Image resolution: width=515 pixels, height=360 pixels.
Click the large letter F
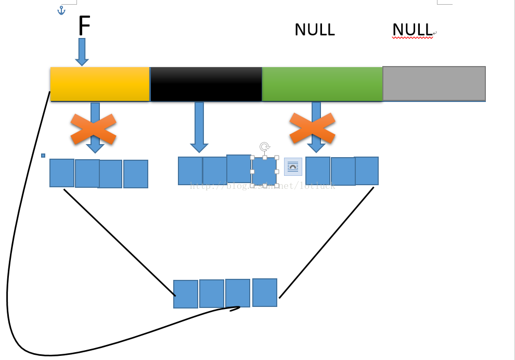(x=84, y=26)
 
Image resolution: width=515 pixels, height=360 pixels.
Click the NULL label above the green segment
(x=314, y=30)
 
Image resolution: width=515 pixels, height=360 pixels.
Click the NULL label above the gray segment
(x=412, y=30)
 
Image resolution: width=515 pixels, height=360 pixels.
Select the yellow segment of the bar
(x=100, y=83)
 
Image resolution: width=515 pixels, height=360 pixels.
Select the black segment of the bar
(x=206, y=83)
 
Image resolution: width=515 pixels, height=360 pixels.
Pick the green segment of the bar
(x=322, y=83)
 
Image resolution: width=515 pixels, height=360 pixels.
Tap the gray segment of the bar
(x=434, y=83)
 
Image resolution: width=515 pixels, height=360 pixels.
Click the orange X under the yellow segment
(x=93, y=128)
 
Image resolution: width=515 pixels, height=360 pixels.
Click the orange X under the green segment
(x=312, y=128)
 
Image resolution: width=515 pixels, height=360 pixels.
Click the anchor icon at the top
(x=61, y=10)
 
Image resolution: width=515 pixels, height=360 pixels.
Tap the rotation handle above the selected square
(x=264, y=147)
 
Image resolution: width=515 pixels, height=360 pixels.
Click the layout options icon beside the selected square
(x=293, y=166)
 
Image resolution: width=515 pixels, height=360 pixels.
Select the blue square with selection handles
(x=264, y=171)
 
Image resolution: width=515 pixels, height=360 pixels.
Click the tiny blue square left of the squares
(x=43, y=156)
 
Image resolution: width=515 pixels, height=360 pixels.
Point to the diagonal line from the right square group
(x=327, y=242)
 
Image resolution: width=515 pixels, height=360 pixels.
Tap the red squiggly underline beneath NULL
(x=412, y=38)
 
